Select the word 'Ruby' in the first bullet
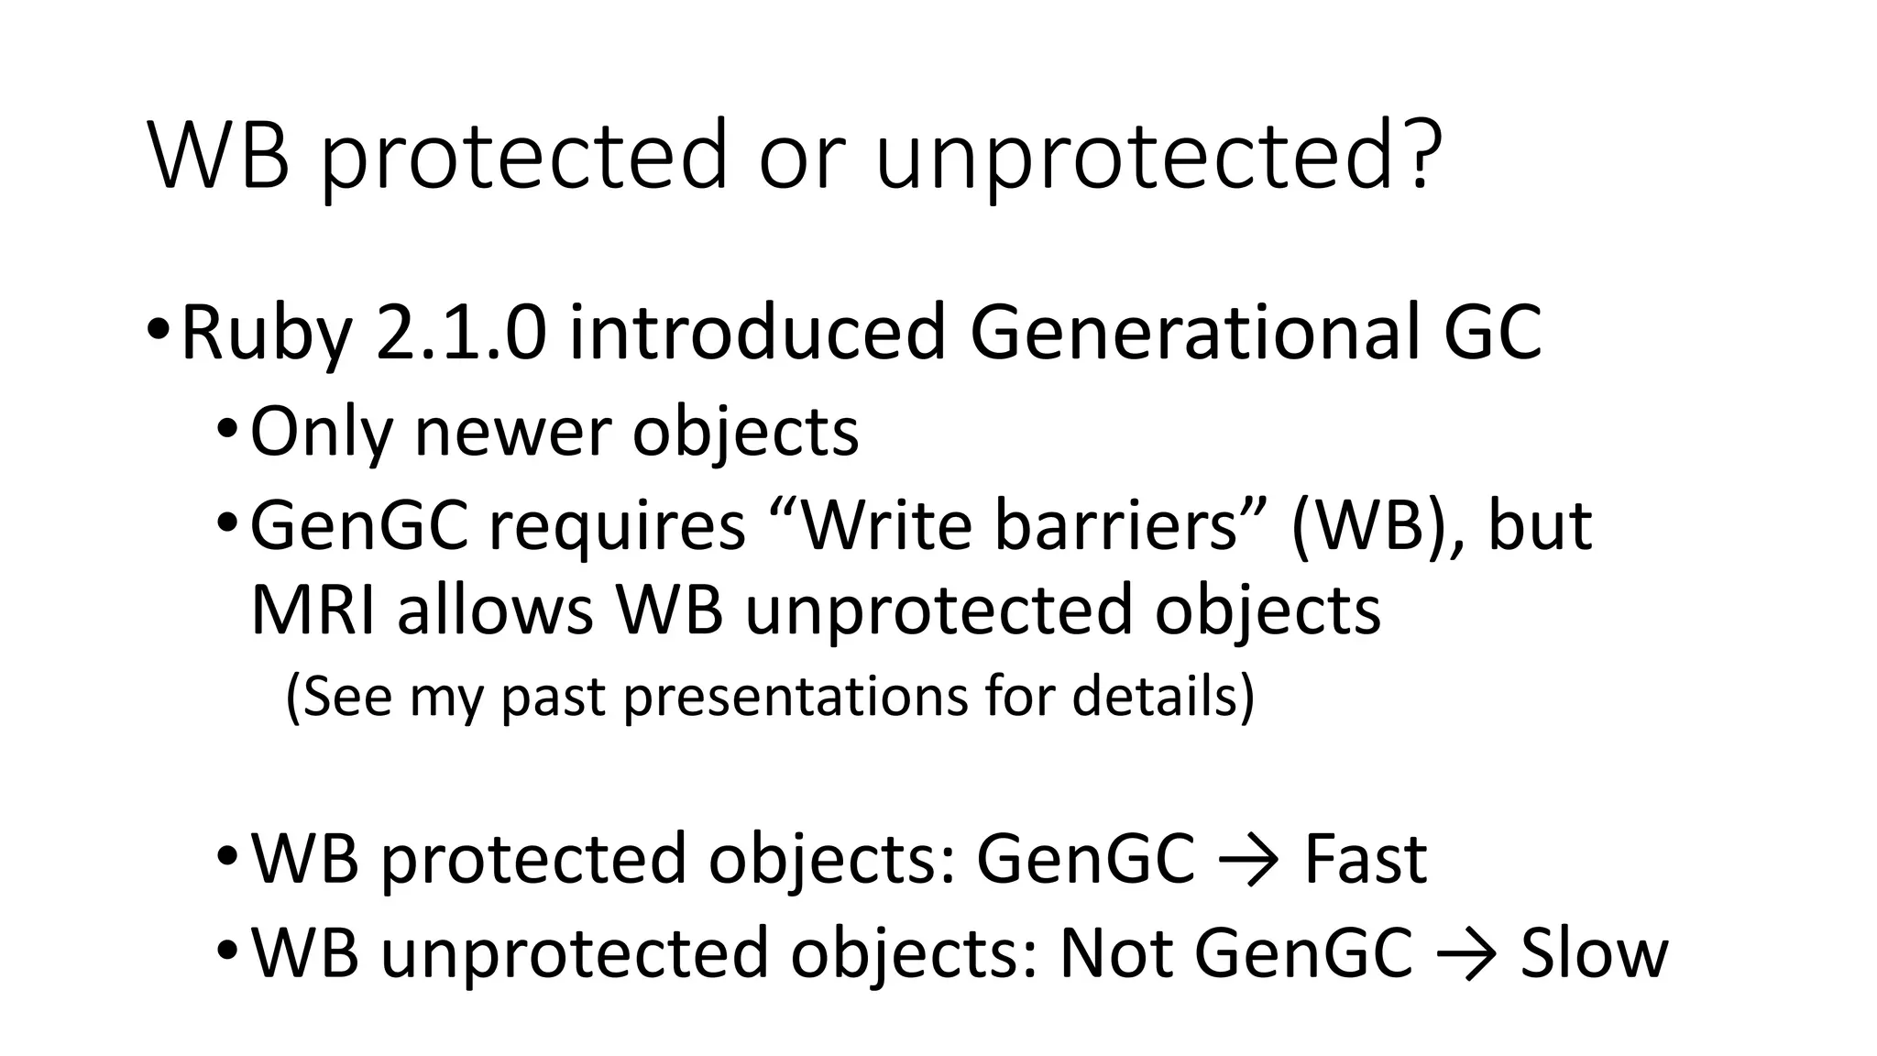pos(267,335)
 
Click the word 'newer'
pos(512,432)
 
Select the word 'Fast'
pos(1365,859)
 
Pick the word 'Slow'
pos(1594,953)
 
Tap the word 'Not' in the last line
pos(1116,953)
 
